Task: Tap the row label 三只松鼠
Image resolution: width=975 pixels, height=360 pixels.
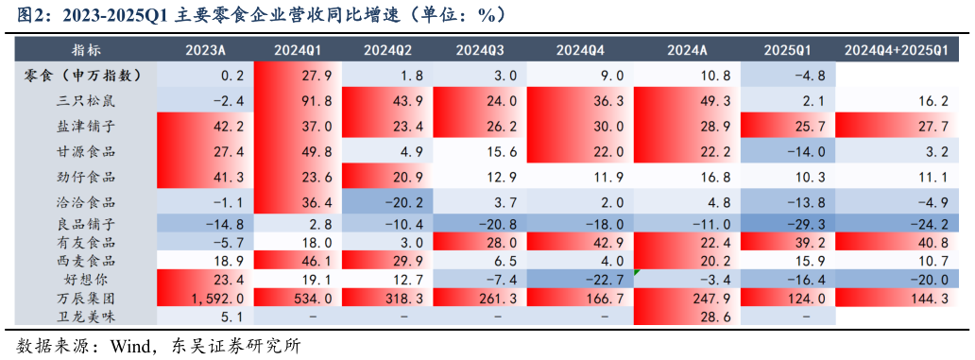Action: click(87, 100)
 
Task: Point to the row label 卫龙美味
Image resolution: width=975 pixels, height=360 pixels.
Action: click(87, 317)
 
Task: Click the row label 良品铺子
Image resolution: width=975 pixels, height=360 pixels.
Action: click(87, 224)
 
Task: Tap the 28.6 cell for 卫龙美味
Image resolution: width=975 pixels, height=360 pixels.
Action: click(688, 317)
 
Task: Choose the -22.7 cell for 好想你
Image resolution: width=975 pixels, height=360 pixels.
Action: click(580, 280)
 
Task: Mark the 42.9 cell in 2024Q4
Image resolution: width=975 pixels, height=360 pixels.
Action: click(580, 243)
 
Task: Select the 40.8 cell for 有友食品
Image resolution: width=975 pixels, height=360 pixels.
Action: click(896, 243)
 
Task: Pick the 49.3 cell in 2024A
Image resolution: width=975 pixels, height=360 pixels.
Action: click(688, 100)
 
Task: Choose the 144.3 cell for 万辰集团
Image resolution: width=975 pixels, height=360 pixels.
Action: click(896, 299)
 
